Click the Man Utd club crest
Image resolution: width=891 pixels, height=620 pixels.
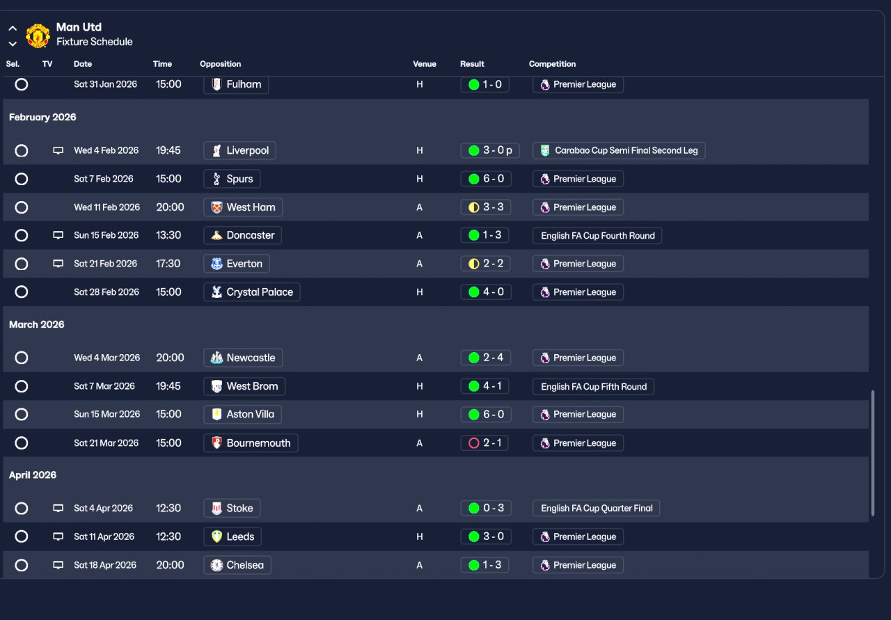coord(38,35)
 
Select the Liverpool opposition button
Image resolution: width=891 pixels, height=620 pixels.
coord(239,151)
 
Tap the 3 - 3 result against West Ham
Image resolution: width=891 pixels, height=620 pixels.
coord(485,207)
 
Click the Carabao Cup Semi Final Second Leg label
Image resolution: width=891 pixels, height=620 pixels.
coord(619,151)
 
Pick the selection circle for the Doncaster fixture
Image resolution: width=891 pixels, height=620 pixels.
coord(22,235)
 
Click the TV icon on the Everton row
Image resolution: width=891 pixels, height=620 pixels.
coord(58,263)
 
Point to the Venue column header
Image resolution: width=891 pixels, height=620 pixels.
coord(425,64)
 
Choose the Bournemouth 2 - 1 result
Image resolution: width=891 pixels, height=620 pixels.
coord(484,443)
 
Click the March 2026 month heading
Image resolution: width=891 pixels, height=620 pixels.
coord(37,324)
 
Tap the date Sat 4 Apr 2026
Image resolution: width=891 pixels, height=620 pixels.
coord(104,508)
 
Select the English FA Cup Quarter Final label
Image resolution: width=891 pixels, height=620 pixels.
coord(597,508)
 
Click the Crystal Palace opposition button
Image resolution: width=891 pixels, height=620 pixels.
coord(252,292)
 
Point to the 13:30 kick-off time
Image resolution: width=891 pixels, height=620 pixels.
coord(168,235)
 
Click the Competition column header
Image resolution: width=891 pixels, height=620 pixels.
coord(552,64)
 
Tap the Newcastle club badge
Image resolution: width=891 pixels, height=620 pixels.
coord(216,358)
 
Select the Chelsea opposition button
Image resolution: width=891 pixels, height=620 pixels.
coord(237,565)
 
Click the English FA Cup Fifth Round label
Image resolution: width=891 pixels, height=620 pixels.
coord(594,387)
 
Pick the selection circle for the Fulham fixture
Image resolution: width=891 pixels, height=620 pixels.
coord(22,84)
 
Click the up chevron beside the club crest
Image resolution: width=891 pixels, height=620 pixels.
coord(13,29)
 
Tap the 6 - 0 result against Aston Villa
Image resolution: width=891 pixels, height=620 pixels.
coord(485,415)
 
